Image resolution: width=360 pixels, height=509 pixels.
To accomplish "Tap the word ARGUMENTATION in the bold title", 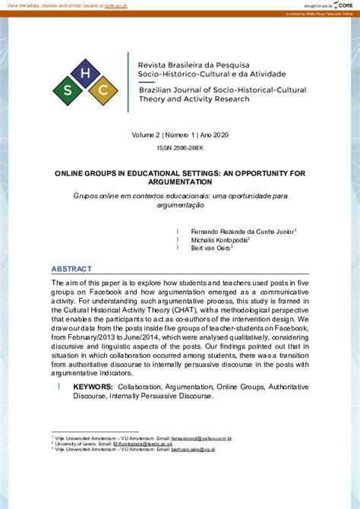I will (180, 182).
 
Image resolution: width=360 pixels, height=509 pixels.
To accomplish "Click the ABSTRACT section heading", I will (71, 269).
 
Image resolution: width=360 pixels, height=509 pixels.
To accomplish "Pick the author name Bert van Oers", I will (210, 247).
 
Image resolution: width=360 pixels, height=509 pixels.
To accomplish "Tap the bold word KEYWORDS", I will (93, 387).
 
